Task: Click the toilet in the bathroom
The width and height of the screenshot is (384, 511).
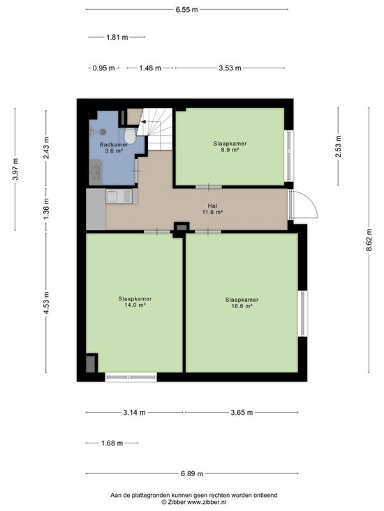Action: tap(130, 135)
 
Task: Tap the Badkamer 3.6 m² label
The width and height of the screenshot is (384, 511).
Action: tap(114, 148)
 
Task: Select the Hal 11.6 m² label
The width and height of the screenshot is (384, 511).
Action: tap(212, 209)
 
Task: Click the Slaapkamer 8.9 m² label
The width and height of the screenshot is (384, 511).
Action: tap(230, 146)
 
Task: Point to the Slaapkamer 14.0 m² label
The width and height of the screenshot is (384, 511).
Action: tap(135, 302)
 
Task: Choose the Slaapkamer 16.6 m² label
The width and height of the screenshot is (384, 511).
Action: tap(242, 303)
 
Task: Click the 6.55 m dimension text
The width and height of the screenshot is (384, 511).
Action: tap(187, 10)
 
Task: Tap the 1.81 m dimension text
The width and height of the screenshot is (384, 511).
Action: tap(117, 37)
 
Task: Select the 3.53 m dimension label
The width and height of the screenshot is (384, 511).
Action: tap(230, 68)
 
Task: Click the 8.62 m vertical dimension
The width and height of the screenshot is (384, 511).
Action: tap(369, 240)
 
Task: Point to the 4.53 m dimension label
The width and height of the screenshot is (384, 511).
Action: tap(46, 303)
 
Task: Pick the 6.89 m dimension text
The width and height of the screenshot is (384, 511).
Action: tap(192, 473)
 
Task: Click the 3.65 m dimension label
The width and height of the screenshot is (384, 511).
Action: tap(242, 413)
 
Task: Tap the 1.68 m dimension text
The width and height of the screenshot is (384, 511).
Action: tap(112, 443)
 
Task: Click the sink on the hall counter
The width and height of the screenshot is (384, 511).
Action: tap(112, 197)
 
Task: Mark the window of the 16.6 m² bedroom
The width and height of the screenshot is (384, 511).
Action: tap(303, 313)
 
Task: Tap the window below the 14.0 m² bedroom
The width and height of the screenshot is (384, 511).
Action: tap(131, 377)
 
